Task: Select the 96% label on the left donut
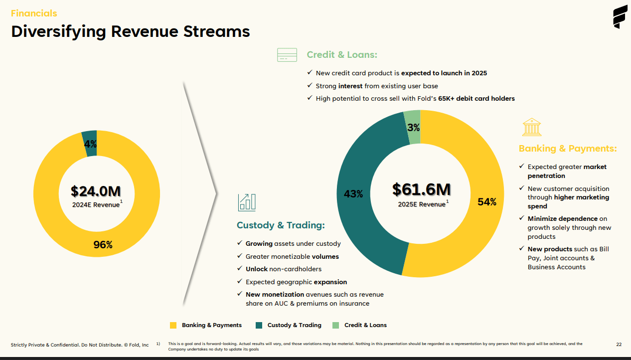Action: pyautogui.click(x=103, y=245)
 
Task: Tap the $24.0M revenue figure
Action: pyautogui.click(x=96, y=191)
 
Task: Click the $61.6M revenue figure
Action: pyautogui.click(x=421, y=189)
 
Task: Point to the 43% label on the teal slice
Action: pyautogui.click(x=353, y=194)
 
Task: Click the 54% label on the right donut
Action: pyautogui.click(x=487, y=202)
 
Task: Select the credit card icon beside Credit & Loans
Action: pyautogui.click(x=287, y=55)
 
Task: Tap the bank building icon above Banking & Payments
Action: pyautogui.click(x=532, y=127)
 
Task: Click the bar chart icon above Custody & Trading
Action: pyautogui.click(x=247, y=202)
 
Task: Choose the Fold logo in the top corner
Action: pyautogui.click(x=620, y=17)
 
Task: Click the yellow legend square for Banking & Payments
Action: pyautogui.click(x=173, y=325)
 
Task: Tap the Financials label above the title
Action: pyautogui.click(x=34, y=13)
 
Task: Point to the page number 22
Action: pyautogui.click(x=619, y=344)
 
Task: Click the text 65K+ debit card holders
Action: pyautogui.click(x=476, y=99)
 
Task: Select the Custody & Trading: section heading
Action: pyautogui.click(x=281, y=225)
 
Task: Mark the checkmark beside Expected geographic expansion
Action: pyautogui.click(x=240, y=282)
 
